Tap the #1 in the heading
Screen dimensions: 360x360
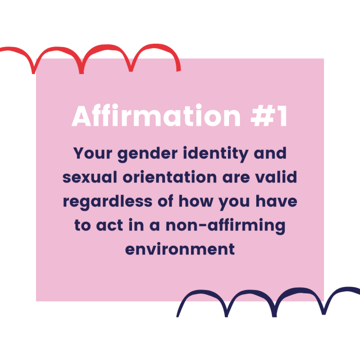(x=269, y=116)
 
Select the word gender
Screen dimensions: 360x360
(x=148, y=154)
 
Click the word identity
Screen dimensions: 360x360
(x=216, y=154)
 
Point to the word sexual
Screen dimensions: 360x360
(x=90, y=177)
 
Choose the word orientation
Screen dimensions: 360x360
(x=169, y=177)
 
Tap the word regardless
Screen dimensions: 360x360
(x=108, y=202)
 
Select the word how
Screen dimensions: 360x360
(x=196, y=201)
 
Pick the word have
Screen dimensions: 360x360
(x=276, y=201)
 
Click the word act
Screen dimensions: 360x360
(x=109, y=225)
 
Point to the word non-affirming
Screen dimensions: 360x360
(x=226, y=226)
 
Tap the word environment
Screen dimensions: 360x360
(x=180, y=249)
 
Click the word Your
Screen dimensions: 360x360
(x=93, y=153)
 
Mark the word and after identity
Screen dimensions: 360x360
(x=270, y=153)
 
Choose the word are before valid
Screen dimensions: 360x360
(x=236, y=178)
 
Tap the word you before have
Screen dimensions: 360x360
(x=234, y=203)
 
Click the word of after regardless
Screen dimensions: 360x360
(x=165, y=201)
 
